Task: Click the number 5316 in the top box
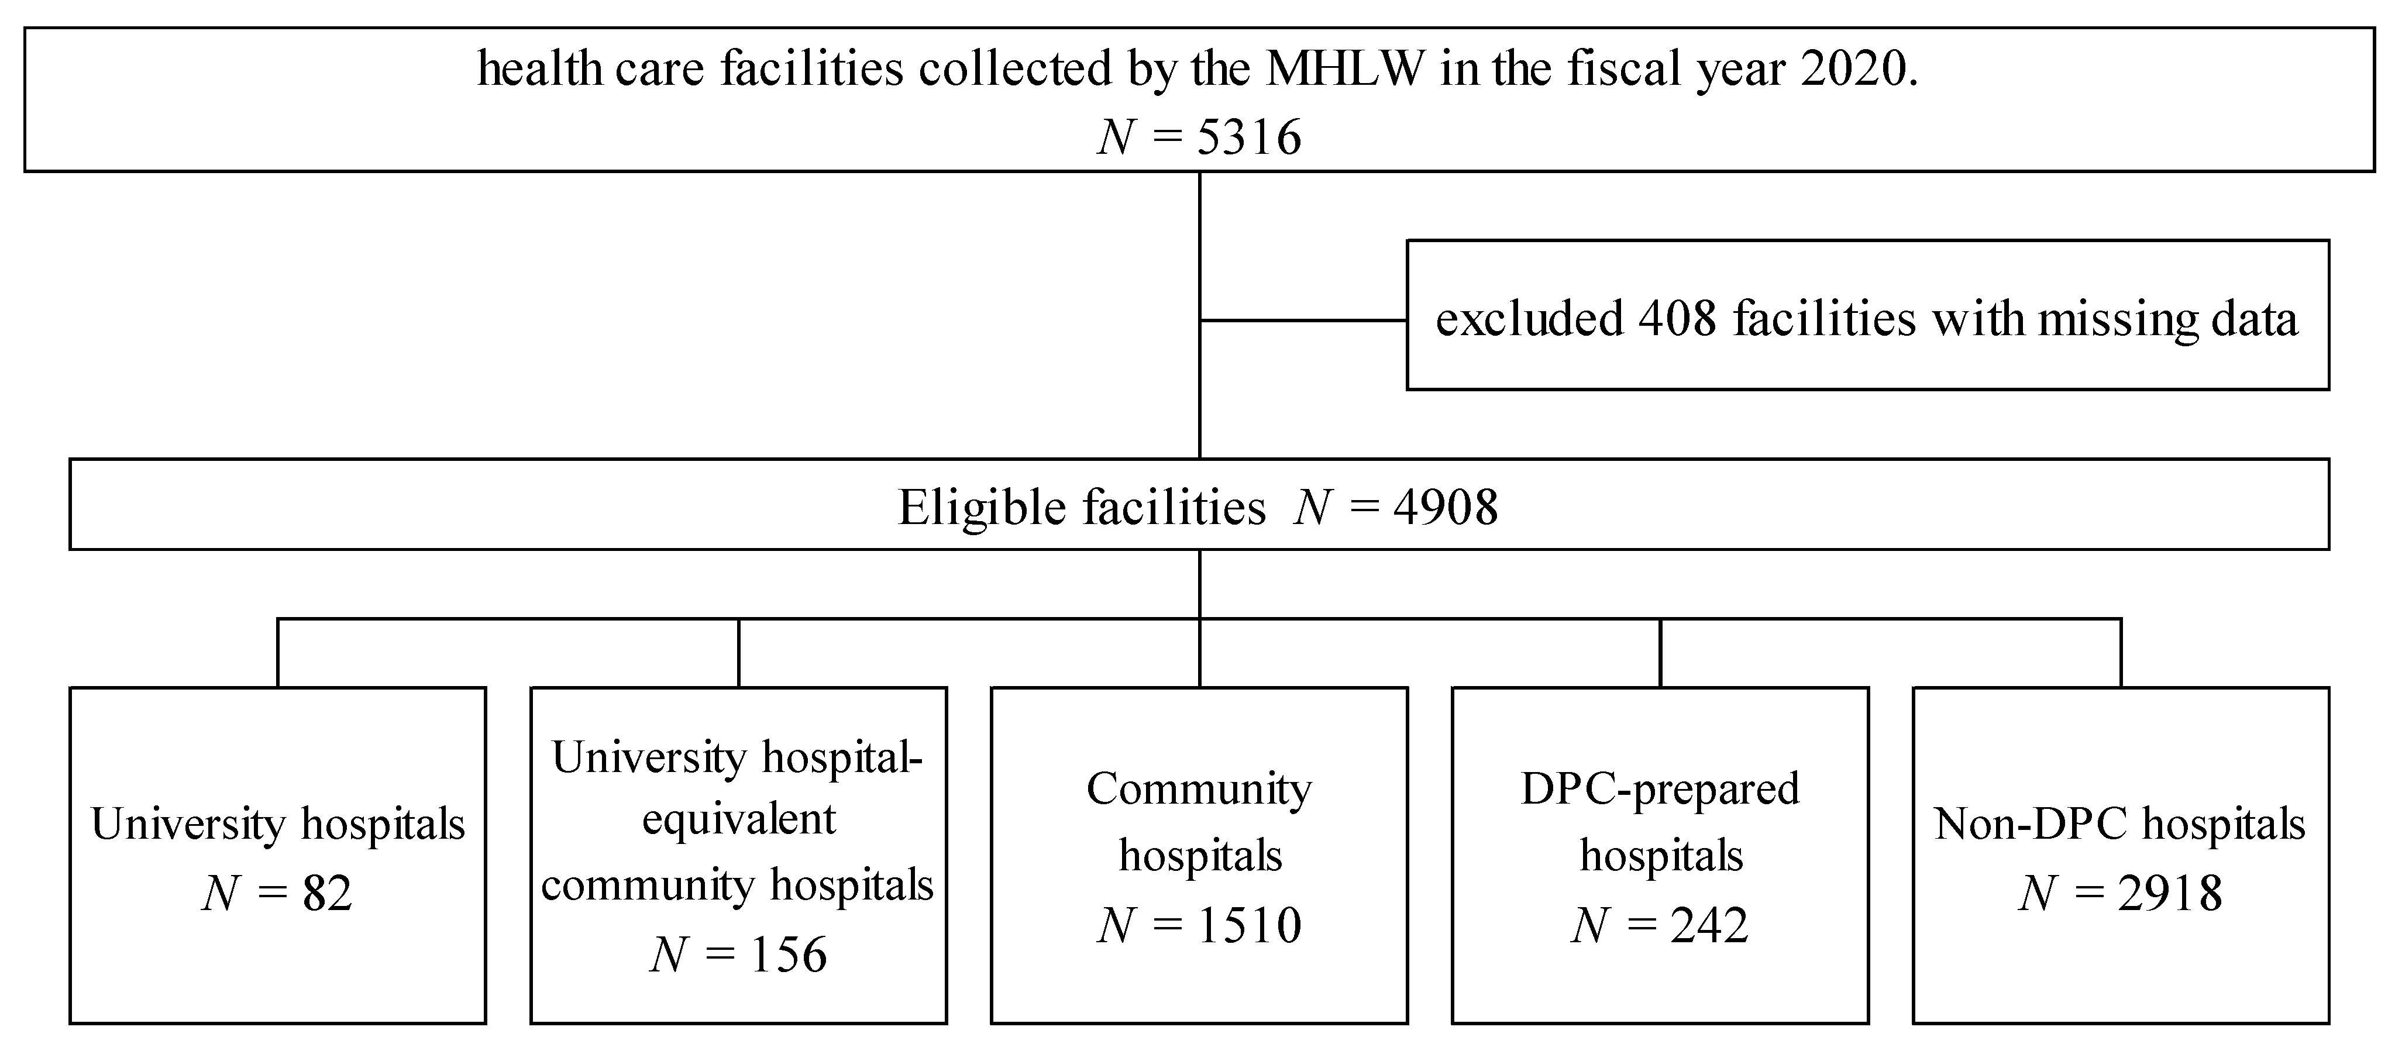click(x=1248, y=137)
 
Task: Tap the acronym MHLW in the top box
click(x=1344, y=70)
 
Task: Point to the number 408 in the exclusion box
click(x=1676, y=319)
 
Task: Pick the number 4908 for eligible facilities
click(x=1446, y=508)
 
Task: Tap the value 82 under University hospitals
click(x=327, y=894)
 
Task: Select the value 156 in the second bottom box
click(x=789, y=955)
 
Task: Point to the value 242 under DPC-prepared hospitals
click(x=1709, y=925)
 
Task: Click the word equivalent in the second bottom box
click(x=739, y=819)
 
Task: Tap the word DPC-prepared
click(x=1660, y=789)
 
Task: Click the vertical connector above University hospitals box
click(x=278, y=653)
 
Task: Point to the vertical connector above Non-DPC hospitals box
click(x=2121, y=653)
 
